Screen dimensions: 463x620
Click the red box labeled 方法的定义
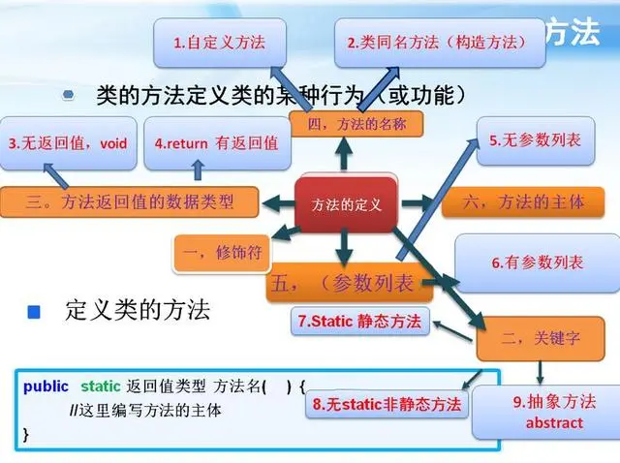click(x=347, y=204)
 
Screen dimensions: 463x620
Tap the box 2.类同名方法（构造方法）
click(x=439, y=43)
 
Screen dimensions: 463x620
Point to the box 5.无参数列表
click(x=535, y=140)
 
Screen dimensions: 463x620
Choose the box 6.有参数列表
click(x=536, y=262)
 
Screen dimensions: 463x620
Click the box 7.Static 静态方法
click(x=360, y=322)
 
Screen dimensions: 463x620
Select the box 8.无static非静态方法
click(x=386, y=404)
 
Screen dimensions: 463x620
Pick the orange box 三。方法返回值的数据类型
click(x=130, y=201)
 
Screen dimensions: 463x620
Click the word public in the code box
click(x=46, y=386)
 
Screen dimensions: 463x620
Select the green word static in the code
click(x=101, y=386)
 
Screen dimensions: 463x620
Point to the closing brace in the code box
click(x=26, y=434)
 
